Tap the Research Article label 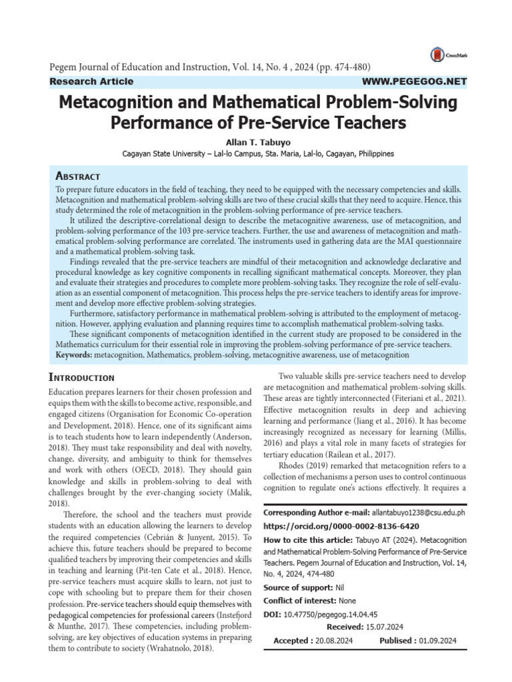[x=92, y=81]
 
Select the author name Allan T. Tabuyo [x=255, y=141]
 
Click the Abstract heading [x=77, y=176]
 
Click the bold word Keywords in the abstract [x=73, y=355]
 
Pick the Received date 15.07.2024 [x=384, y=627]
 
